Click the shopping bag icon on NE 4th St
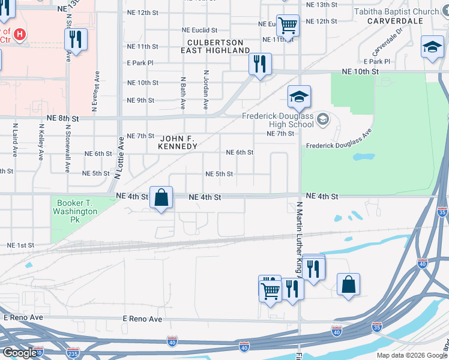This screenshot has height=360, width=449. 161,197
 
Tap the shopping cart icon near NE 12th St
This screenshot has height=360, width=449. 288,26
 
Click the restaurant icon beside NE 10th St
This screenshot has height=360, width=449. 260,64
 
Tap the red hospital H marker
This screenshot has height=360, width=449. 20,35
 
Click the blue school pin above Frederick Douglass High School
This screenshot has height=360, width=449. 299,97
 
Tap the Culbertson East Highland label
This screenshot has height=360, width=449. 215,47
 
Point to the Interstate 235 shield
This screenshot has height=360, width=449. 73,353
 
